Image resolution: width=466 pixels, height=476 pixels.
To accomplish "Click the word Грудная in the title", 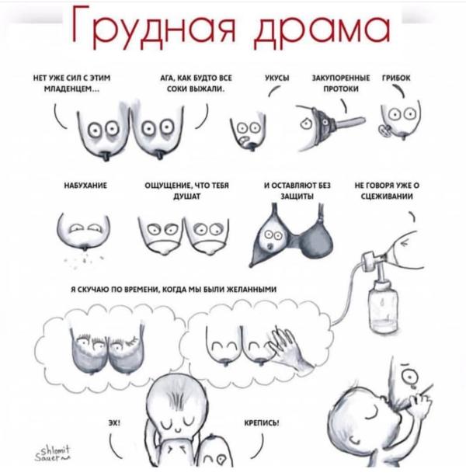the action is (154, 27).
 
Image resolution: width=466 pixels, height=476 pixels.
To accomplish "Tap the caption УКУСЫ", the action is (276, 78).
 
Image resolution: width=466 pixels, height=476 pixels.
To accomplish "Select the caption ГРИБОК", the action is (396, 78).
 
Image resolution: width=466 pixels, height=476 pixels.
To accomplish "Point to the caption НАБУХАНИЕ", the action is (85, 185).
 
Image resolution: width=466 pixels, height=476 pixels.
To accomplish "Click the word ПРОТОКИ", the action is (341, 89).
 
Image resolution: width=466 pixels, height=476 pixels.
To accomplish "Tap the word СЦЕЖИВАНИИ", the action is (387, 196).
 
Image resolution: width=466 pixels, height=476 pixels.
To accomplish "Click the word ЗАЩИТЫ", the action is (297, 196).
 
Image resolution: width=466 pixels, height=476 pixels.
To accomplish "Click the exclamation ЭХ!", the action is (114, 423).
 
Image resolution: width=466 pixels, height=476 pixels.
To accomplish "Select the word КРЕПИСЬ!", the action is (262, 423).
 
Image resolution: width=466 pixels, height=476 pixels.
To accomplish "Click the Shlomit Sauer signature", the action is (52, 453).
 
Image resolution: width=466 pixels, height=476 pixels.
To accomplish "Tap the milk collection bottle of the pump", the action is (383, 307).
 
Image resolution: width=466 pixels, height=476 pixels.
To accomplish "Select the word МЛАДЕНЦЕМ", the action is (71, 89).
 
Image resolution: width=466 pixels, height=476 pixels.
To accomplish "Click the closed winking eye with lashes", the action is (132, 342).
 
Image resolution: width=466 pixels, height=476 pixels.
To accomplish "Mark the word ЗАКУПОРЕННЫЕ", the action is (341, 78).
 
